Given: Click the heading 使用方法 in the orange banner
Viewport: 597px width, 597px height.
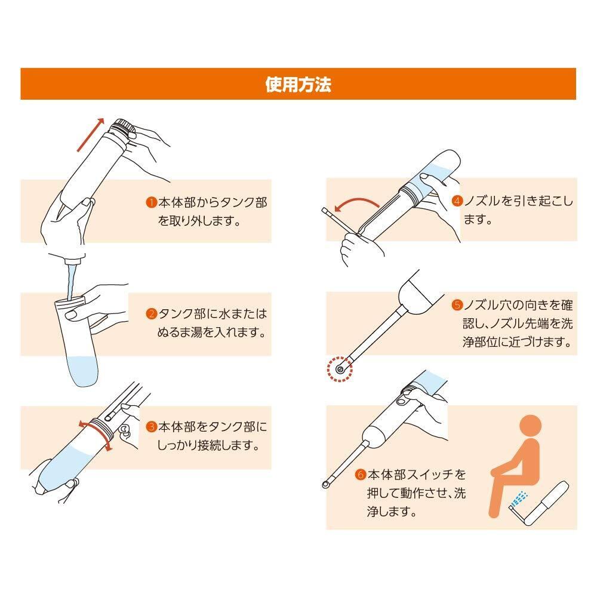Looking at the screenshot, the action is point(298,84).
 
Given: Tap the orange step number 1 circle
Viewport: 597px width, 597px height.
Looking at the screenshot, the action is point(152,202).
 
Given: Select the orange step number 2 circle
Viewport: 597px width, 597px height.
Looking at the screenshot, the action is point(152,314).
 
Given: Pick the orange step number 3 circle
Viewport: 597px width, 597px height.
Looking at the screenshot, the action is point(152,426).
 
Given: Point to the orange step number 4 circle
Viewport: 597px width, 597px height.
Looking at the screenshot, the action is point(457,201).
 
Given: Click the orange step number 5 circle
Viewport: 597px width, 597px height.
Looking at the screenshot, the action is point(457,304).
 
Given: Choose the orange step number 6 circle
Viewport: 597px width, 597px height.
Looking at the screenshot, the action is point(361,475).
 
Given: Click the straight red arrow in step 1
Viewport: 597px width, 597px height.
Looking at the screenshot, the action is point(91,135).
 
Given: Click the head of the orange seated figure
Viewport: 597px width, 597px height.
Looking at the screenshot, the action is point(530,426).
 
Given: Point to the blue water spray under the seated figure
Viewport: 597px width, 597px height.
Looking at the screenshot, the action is point(519,499).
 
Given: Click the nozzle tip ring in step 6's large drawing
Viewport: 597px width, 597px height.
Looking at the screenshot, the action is point(325,484).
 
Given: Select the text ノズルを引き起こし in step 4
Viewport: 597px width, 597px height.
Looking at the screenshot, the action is point(518,201).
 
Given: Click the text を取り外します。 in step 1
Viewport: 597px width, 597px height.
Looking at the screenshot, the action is point(199,220).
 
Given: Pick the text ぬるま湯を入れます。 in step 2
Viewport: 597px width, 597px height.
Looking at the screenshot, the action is point(212,333).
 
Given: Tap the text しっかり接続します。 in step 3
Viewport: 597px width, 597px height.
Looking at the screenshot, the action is point(208,445).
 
